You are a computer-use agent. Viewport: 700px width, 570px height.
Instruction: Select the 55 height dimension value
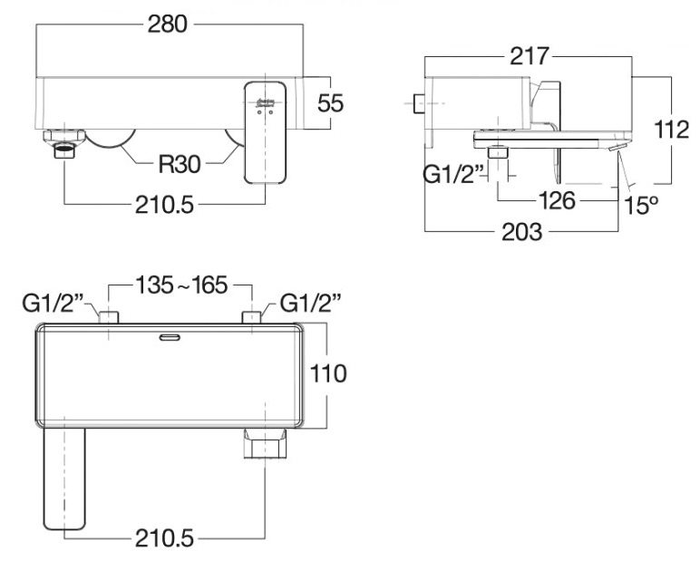click(331, 103)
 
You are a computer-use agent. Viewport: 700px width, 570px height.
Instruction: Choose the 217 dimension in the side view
click(530, 56)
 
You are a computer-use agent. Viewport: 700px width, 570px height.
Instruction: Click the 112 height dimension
click(672, 130)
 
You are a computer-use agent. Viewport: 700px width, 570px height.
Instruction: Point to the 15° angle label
click(641, 206)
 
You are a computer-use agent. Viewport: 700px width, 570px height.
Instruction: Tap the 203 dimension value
click(521, 231)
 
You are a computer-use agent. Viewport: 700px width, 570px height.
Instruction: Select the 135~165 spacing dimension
click(180, 285)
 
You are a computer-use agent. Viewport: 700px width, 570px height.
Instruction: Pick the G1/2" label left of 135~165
click(53, 303)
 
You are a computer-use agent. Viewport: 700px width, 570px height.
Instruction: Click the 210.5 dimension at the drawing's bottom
click(164, 539)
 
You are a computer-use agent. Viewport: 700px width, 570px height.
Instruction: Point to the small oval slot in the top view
click(169, 338)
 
